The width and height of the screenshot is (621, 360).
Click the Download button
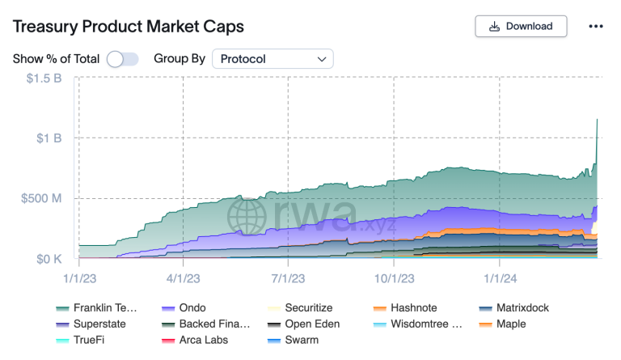pyautogui.click(x=521, y=26)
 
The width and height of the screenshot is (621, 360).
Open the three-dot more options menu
pyautogui.click(x=596, y=26)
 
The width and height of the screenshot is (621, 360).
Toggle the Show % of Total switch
pyautogui.click(x=122, y=58)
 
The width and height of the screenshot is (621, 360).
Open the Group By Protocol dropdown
pyautogui.click(x=272, y=58)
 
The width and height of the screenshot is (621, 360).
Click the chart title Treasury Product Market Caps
pyautogui.click(x=129, y=26)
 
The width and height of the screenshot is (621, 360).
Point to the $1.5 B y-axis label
pyautogui.click(x=44, y=78)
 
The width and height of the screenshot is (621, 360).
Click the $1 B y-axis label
pyautogui.click(x=49, y=138)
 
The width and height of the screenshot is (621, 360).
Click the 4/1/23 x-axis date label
pyautogui.click(x=183, y=277)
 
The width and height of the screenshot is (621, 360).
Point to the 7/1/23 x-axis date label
pyautogui.click(x=288, y=277)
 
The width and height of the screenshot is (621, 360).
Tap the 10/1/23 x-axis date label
pyautogui.click(x=394, y=277)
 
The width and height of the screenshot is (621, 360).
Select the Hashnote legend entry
pyautogui.click(x=414, y=308)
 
